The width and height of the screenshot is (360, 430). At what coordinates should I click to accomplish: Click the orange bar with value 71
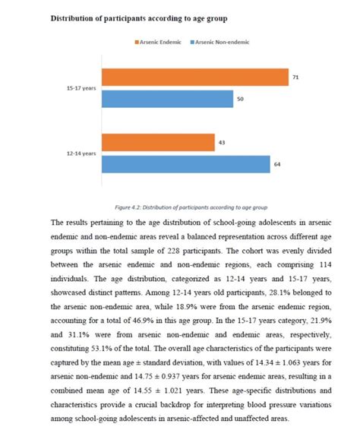(x=194, y=77)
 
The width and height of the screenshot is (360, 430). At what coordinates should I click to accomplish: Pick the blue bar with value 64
(x=185, y=164)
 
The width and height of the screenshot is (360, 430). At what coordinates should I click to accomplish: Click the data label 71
(x=295, y=77)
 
